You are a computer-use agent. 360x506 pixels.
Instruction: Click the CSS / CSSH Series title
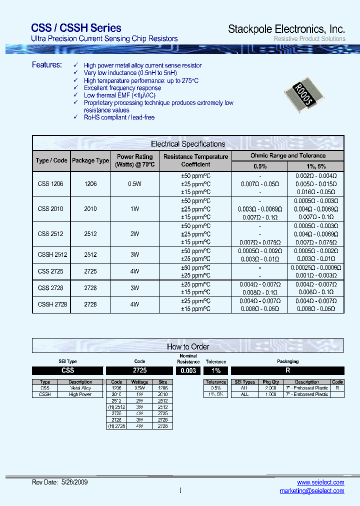coord(76,28)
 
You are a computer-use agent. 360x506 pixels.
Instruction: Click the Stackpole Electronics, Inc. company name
coord(286,29)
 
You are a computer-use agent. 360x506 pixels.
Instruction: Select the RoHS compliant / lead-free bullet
coord(119,117)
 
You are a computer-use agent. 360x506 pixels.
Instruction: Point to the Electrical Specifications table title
coord(188,144)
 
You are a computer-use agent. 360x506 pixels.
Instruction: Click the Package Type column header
coord(90,161)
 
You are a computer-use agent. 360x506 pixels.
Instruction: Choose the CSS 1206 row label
coord(51,184)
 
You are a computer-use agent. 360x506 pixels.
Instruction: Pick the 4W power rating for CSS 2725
coord(134,271)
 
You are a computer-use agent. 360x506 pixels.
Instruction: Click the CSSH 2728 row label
coord(52,304)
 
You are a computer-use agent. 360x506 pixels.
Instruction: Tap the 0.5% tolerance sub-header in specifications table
coord(260,166)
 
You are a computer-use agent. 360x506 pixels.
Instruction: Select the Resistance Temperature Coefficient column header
coord(195,160)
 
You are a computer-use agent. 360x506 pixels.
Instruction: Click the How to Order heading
coord(188,346)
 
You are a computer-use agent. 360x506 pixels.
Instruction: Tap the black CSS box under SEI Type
coord(67,370)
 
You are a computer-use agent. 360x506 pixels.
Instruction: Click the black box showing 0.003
coord(188,371)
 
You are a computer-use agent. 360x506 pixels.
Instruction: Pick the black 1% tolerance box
coord(215,371)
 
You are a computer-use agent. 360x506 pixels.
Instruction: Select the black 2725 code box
coord(139,371)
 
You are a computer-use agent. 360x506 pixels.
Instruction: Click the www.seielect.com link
coord(320,482)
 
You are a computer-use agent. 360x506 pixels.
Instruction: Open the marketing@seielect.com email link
coord(311,491)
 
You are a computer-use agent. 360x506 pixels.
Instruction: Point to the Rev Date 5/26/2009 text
coord(59,482)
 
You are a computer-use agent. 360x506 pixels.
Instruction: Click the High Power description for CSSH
coord(80,394)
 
